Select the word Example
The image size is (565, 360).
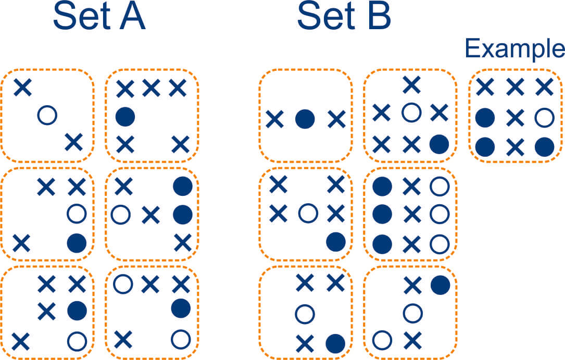point(514,49)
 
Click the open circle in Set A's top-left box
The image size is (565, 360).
point(47,115)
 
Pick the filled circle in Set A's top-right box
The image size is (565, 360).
point(125,116)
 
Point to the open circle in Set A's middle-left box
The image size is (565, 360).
point(77,213)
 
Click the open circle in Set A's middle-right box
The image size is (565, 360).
point(121,214)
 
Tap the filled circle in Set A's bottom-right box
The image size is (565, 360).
point(181,307)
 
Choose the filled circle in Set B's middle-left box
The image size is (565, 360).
point(336,241)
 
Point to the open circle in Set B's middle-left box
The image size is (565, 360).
point(307,213)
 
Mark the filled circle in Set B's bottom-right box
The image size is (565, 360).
point(440,284)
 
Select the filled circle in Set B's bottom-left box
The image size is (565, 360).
point(335,342)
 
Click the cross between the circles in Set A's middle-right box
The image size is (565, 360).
point(150,214)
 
